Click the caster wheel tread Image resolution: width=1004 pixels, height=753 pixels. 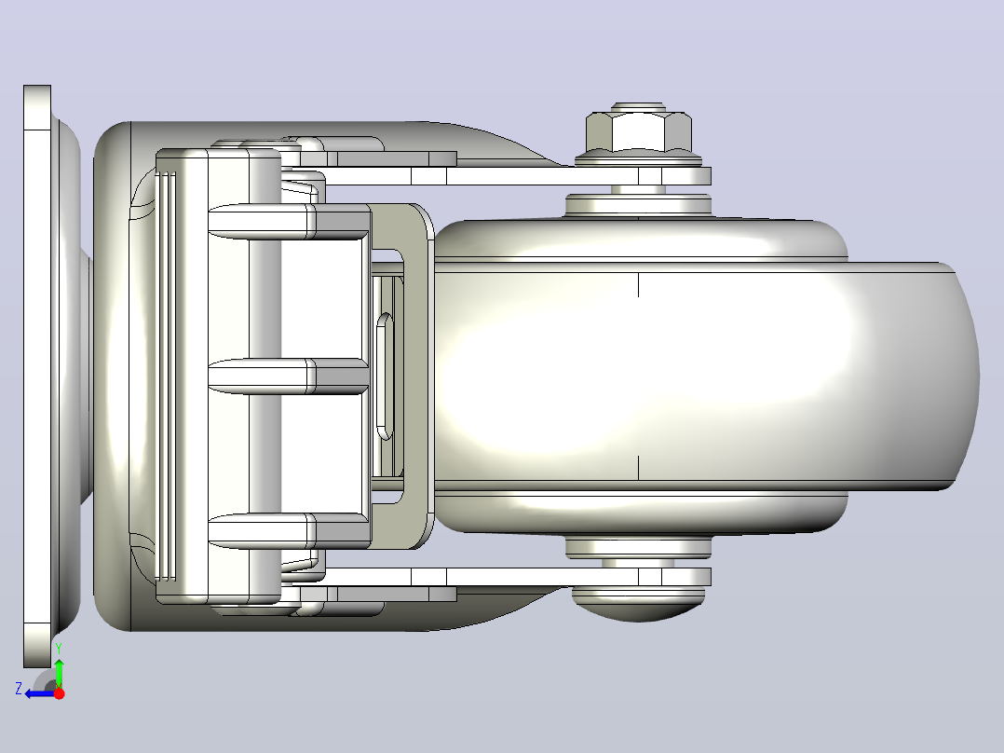[704, 376]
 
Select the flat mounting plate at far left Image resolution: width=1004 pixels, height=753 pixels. [37, 376]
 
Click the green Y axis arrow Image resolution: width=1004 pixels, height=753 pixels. [59, 670]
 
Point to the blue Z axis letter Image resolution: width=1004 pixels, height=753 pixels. [19, 689]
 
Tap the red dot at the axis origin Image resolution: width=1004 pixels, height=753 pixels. [59, 693]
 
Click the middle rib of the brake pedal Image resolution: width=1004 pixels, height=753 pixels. [288, 376]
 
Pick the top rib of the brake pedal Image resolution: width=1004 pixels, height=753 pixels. [288, 222]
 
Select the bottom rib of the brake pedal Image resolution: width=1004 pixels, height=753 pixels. [288, 531]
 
